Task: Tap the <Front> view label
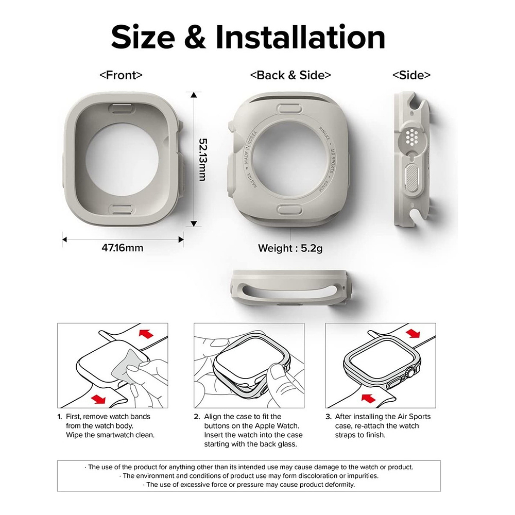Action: pyautogui.click(x=121, y=75)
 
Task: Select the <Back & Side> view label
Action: pyautogui.click(x=290, y=75)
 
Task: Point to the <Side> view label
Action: pyautogui.click(x=411, y=75)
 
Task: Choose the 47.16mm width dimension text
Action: pyautogui.click(x=123, y=248)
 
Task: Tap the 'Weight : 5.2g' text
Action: pyautogui.click(x=290, y=248)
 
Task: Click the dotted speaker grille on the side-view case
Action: pyautogui.click(x=411, y=136)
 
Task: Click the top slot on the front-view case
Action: pyautogui.click(x=122, y=109)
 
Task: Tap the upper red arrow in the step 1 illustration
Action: pyautogui.click(x=147, y=334)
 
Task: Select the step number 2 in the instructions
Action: pyautogui.click(x=197, y=416)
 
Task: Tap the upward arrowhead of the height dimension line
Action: pyautogui.click(x=194, y=95)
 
